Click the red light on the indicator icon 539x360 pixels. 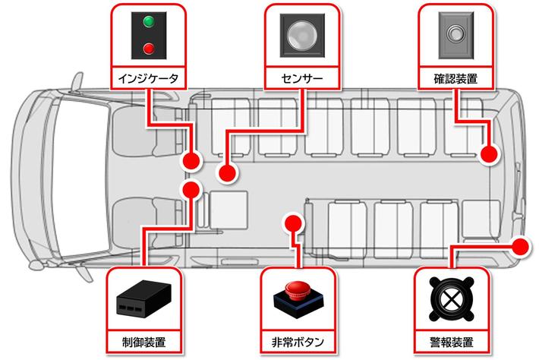pyautogui.click(x=149, y=49)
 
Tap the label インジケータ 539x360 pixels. pyautogui.click(x=149, y=77)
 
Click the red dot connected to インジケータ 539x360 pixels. pyautogui.click(x=192, y=160)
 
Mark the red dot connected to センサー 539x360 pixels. pyautogui.click(x=226, y=172)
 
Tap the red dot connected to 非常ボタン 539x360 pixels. pyautogui.click(x=294, y=223)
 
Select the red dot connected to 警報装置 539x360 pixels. pyautogui.click(x=521, y=246)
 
